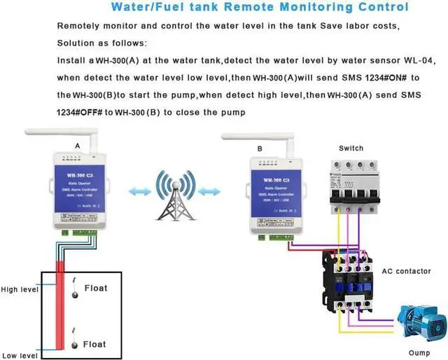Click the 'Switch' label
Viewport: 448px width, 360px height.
351,148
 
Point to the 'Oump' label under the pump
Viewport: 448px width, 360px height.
420,352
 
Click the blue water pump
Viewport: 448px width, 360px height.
421,321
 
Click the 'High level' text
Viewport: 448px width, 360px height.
20,289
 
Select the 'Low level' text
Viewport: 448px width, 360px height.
19,356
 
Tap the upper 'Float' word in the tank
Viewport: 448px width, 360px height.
96,288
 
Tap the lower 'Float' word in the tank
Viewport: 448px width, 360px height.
96,344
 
